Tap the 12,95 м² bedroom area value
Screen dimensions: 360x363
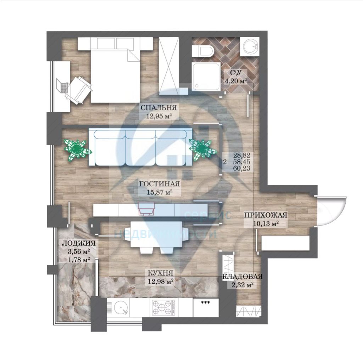tap(159, 115)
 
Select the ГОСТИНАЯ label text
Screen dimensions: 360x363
tap(160, 184)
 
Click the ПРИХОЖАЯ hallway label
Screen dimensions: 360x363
tap(265, 215)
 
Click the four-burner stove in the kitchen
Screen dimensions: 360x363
tap(162, 307)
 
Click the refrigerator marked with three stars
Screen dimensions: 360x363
tap(206, 307)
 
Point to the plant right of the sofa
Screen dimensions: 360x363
tap(202, 148)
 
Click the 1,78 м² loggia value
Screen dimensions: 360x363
tap(78, 259)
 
